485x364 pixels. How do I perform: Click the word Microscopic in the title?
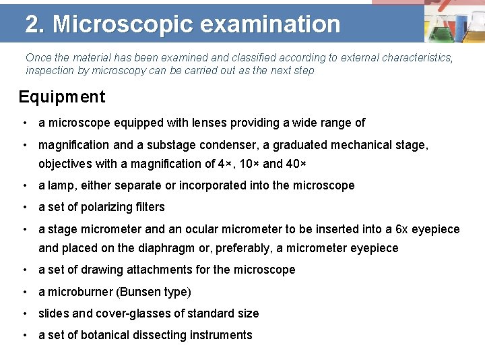(x=123, y=24)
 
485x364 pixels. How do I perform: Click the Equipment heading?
(x=62, y=97)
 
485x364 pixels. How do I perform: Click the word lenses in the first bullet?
(x=193, y=123)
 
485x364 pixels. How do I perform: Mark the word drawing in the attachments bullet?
(x=101, y=270)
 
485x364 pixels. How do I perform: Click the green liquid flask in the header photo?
(x=440, y=30)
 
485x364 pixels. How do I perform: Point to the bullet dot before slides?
(x=24, y=313)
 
